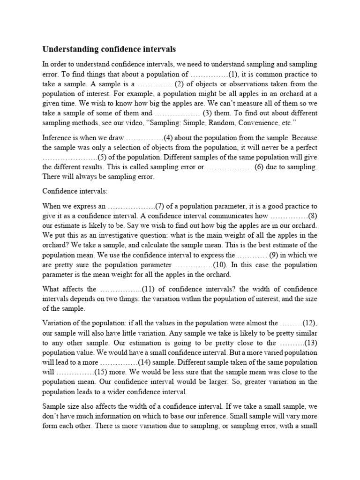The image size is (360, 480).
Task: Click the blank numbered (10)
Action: pos(194,265)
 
